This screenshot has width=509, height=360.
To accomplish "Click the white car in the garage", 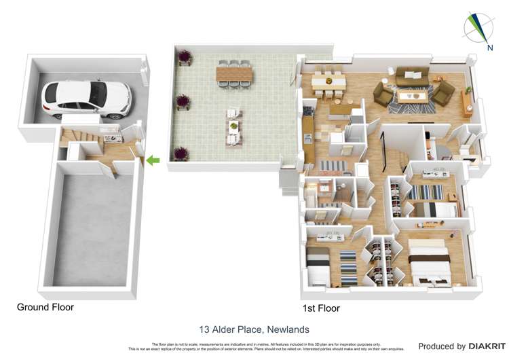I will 86,98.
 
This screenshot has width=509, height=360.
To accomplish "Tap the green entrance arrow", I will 153,160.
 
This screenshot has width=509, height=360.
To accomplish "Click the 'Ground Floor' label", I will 45,307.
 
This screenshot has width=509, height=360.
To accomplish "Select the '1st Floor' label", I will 320,308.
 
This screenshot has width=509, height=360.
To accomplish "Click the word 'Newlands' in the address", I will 288,329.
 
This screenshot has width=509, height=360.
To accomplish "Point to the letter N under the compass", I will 490,47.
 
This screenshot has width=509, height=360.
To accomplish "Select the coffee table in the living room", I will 412,96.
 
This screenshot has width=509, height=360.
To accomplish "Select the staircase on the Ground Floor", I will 75,138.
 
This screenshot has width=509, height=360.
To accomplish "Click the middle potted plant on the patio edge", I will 182,103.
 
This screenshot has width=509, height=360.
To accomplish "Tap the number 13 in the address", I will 204,329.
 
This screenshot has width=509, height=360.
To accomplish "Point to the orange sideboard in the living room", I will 467,102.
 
